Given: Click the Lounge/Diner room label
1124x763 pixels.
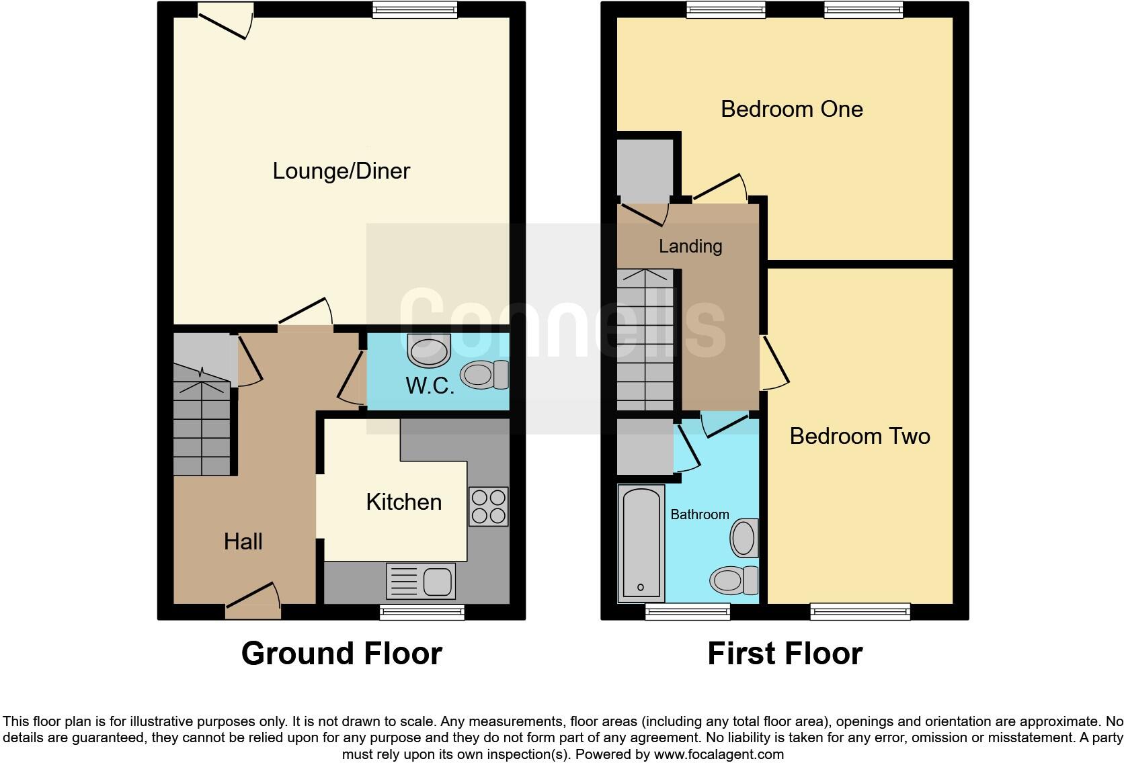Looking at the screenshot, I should point(341,171).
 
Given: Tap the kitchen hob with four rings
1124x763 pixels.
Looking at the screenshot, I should point(489,506).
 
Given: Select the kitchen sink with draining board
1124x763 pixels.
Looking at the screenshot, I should point(421,581).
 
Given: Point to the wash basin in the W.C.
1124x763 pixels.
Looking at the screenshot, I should point(428,351).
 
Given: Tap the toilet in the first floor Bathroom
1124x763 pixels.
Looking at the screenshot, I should point(734,580).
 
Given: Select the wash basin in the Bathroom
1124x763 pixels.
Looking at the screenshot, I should point(744,538).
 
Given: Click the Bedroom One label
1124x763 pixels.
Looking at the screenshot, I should point(791,109).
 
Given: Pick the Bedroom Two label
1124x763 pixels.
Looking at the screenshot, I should point(859,436).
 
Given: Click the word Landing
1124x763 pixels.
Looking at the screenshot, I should point(690,246).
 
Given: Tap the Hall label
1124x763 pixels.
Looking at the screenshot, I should point(243,541).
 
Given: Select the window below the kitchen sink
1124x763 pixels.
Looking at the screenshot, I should point(421,611).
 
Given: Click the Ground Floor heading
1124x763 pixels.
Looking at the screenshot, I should point(342,653).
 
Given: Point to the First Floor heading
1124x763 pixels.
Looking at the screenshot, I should point(785,653).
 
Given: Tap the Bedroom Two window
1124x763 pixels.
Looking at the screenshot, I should point(860,611).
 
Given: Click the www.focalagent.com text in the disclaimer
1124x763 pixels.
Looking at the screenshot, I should point(718,754).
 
